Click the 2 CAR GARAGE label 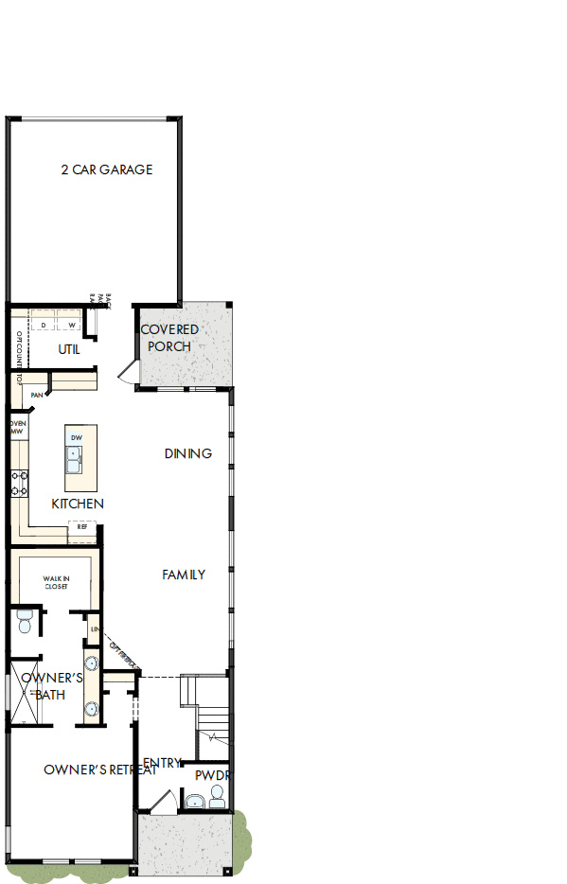[106, 170]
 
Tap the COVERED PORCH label [169, 338]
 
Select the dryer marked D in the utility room [44, 325]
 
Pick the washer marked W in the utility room [71, 325]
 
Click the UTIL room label [69, 349]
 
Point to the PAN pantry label [37, 395]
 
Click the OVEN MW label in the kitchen [17, 427]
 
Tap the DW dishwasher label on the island [76, 437]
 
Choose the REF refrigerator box [81, 527]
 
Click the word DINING [187, 454]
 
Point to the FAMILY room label [184, 575]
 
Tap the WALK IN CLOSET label [56, 583]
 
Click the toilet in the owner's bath [25, 622]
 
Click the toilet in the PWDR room [218, 795]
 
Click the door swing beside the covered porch [128, 371]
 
